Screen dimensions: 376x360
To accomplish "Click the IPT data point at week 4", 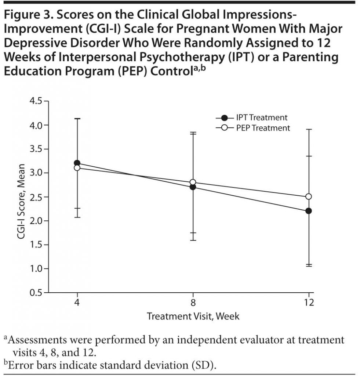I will [77, 163].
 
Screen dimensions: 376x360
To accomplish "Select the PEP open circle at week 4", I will [77, 168].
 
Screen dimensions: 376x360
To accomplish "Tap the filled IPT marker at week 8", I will [193, 187].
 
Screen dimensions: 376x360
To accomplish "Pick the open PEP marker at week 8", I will [193, 182].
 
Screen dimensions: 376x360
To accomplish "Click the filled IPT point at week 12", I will [309, 211].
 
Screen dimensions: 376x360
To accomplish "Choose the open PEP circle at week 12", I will [309, 196].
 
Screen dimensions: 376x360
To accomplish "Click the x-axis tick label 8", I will [193, 303].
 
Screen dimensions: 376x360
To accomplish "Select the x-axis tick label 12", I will [309, 303].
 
